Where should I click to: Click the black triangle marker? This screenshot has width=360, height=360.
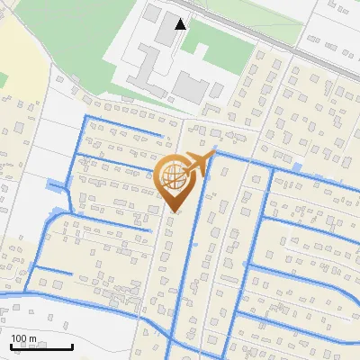click(x=181, y=24)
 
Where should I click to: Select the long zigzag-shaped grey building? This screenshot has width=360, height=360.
click(x=144, y=68)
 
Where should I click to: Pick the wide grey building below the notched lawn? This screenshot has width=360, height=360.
click(x=189, y=87)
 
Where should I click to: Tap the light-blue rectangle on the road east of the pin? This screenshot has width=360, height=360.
click(x=297, y=168)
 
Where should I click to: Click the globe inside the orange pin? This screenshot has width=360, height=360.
click(x=173, y=177)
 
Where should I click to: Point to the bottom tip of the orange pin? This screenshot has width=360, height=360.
click(x=174, y=211)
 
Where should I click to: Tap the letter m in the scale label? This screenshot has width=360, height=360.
click(x=33, y=339)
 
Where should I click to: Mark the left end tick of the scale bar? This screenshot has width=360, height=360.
click(x=11, y=346)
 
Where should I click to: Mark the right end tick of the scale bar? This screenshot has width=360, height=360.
click(x=72, y=346)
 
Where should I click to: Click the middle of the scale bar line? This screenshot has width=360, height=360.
click(x=41, y=347)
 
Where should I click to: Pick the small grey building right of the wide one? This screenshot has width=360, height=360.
click(x=218, y=89)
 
